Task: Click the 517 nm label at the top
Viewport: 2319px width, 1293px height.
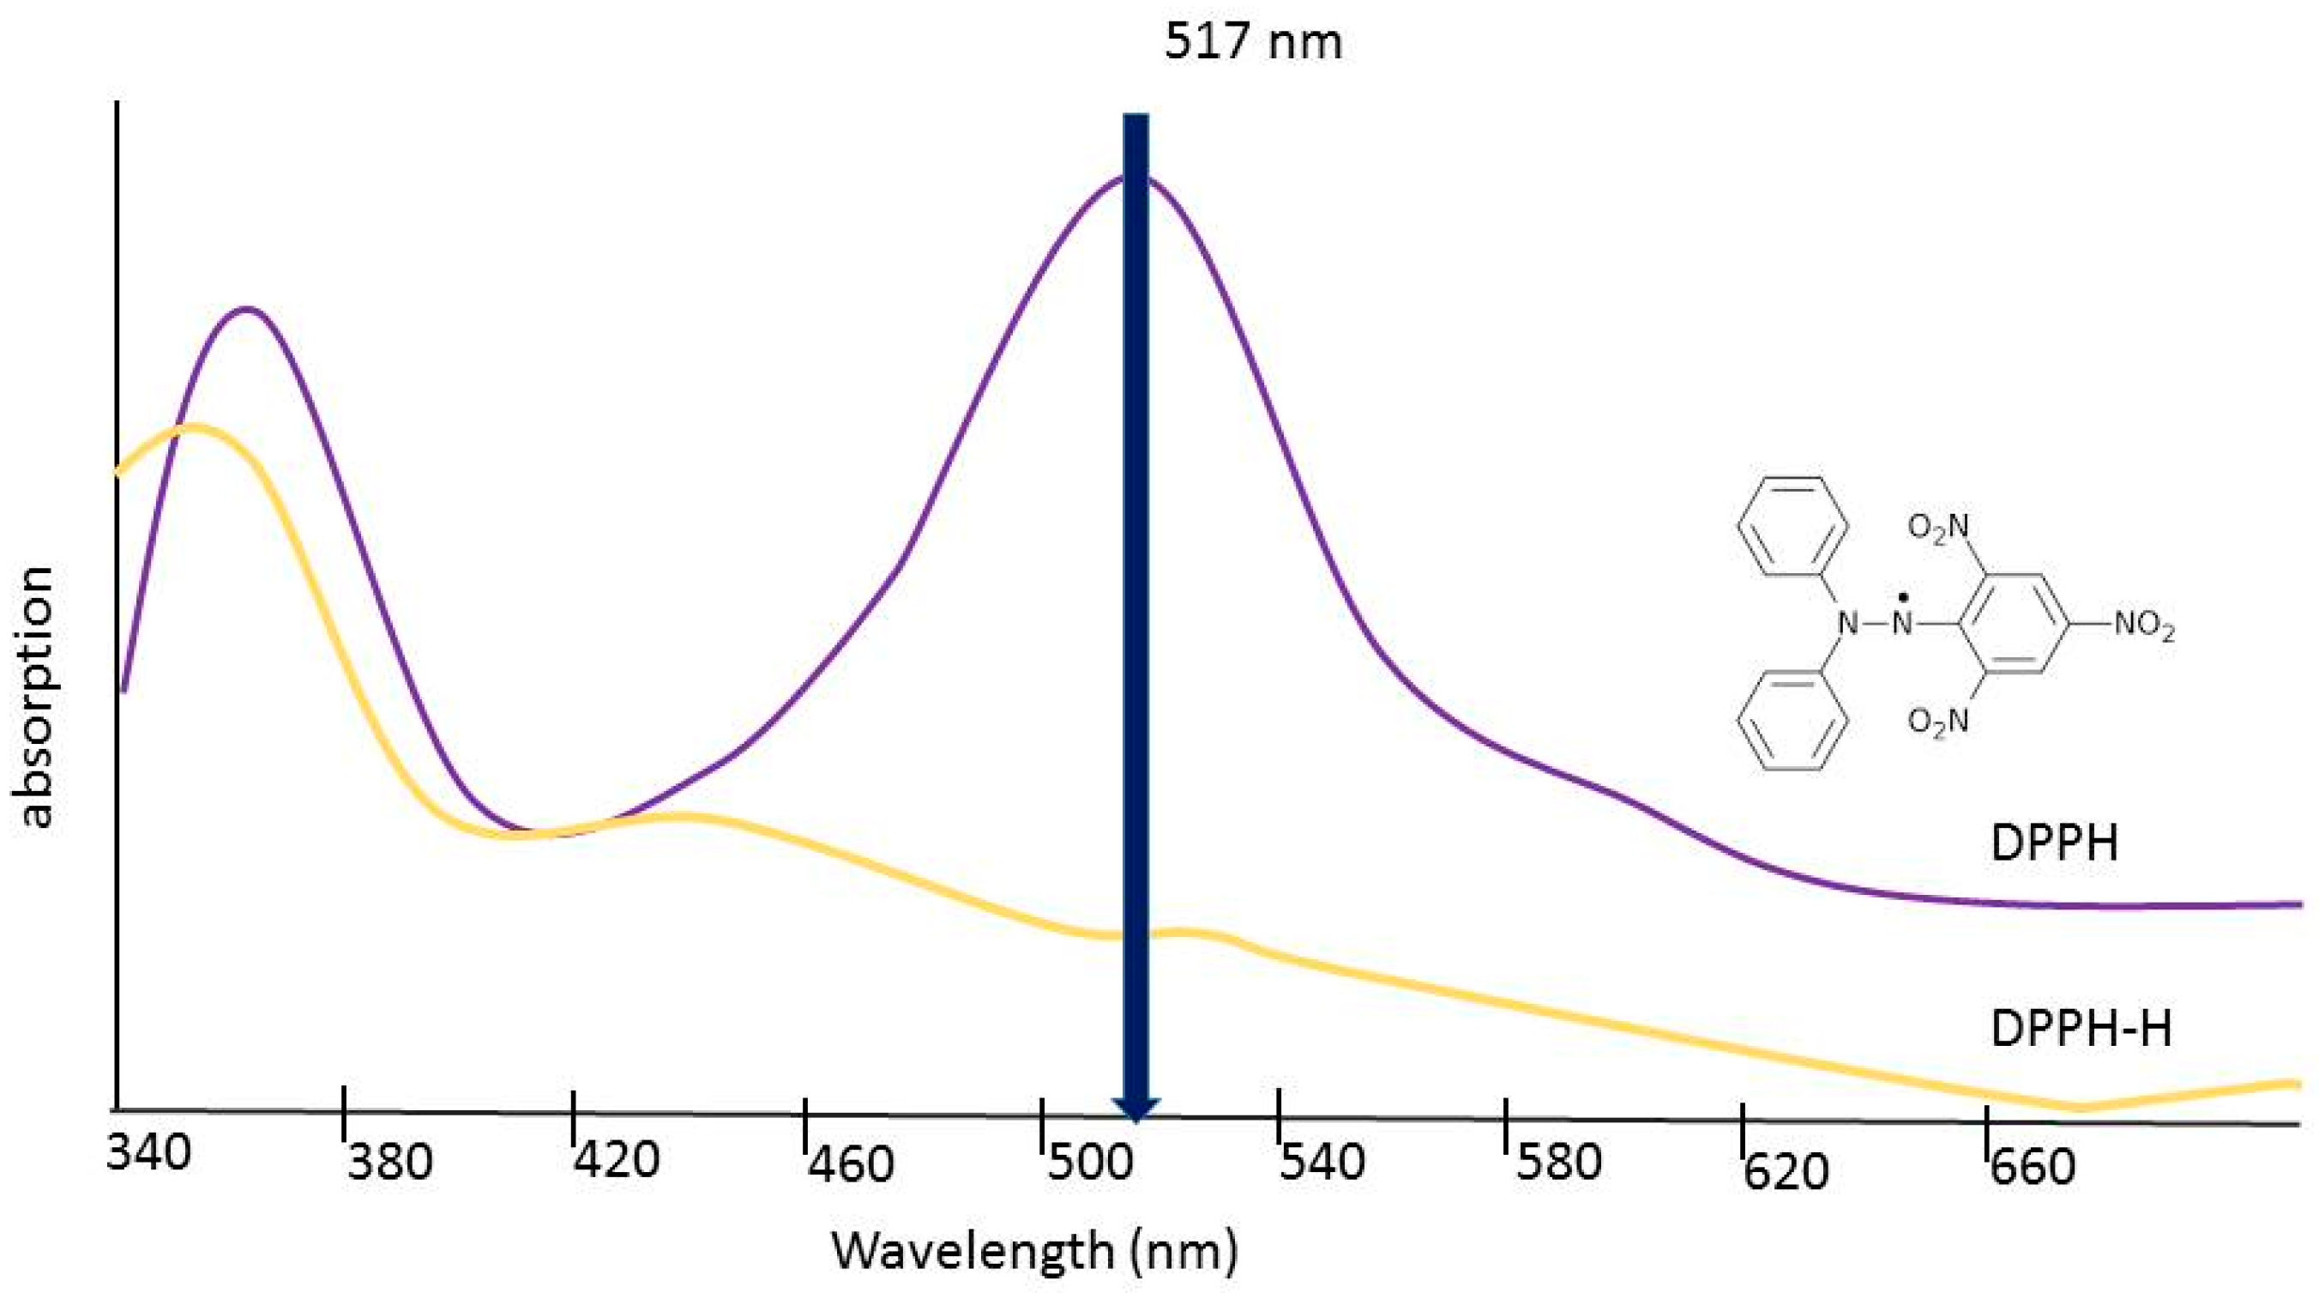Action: (x=1253, y=41)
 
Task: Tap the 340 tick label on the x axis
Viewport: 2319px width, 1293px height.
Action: (x=149, y=1153)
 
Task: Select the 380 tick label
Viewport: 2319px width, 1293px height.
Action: (x=390, y=1163)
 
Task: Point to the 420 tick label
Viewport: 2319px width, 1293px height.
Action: (x=617, y=1162)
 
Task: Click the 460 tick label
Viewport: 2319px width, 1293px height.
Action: (x=851, y=1165)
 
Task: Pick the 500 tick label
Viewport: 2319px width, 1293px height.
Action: (x=1088, y=1164)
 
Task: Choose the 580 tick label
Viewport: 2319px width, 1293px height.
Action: (x=1558, y=1163)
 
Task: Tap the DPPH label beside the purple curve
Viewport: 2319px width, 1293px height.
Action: (x=2053, y=844)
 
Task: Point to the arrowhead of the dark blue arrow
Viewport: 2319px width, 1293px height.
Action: (x=1136, y=1109)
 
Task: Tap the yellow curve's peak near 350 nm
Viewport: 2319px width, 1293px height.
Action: (x=194, y=426)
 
